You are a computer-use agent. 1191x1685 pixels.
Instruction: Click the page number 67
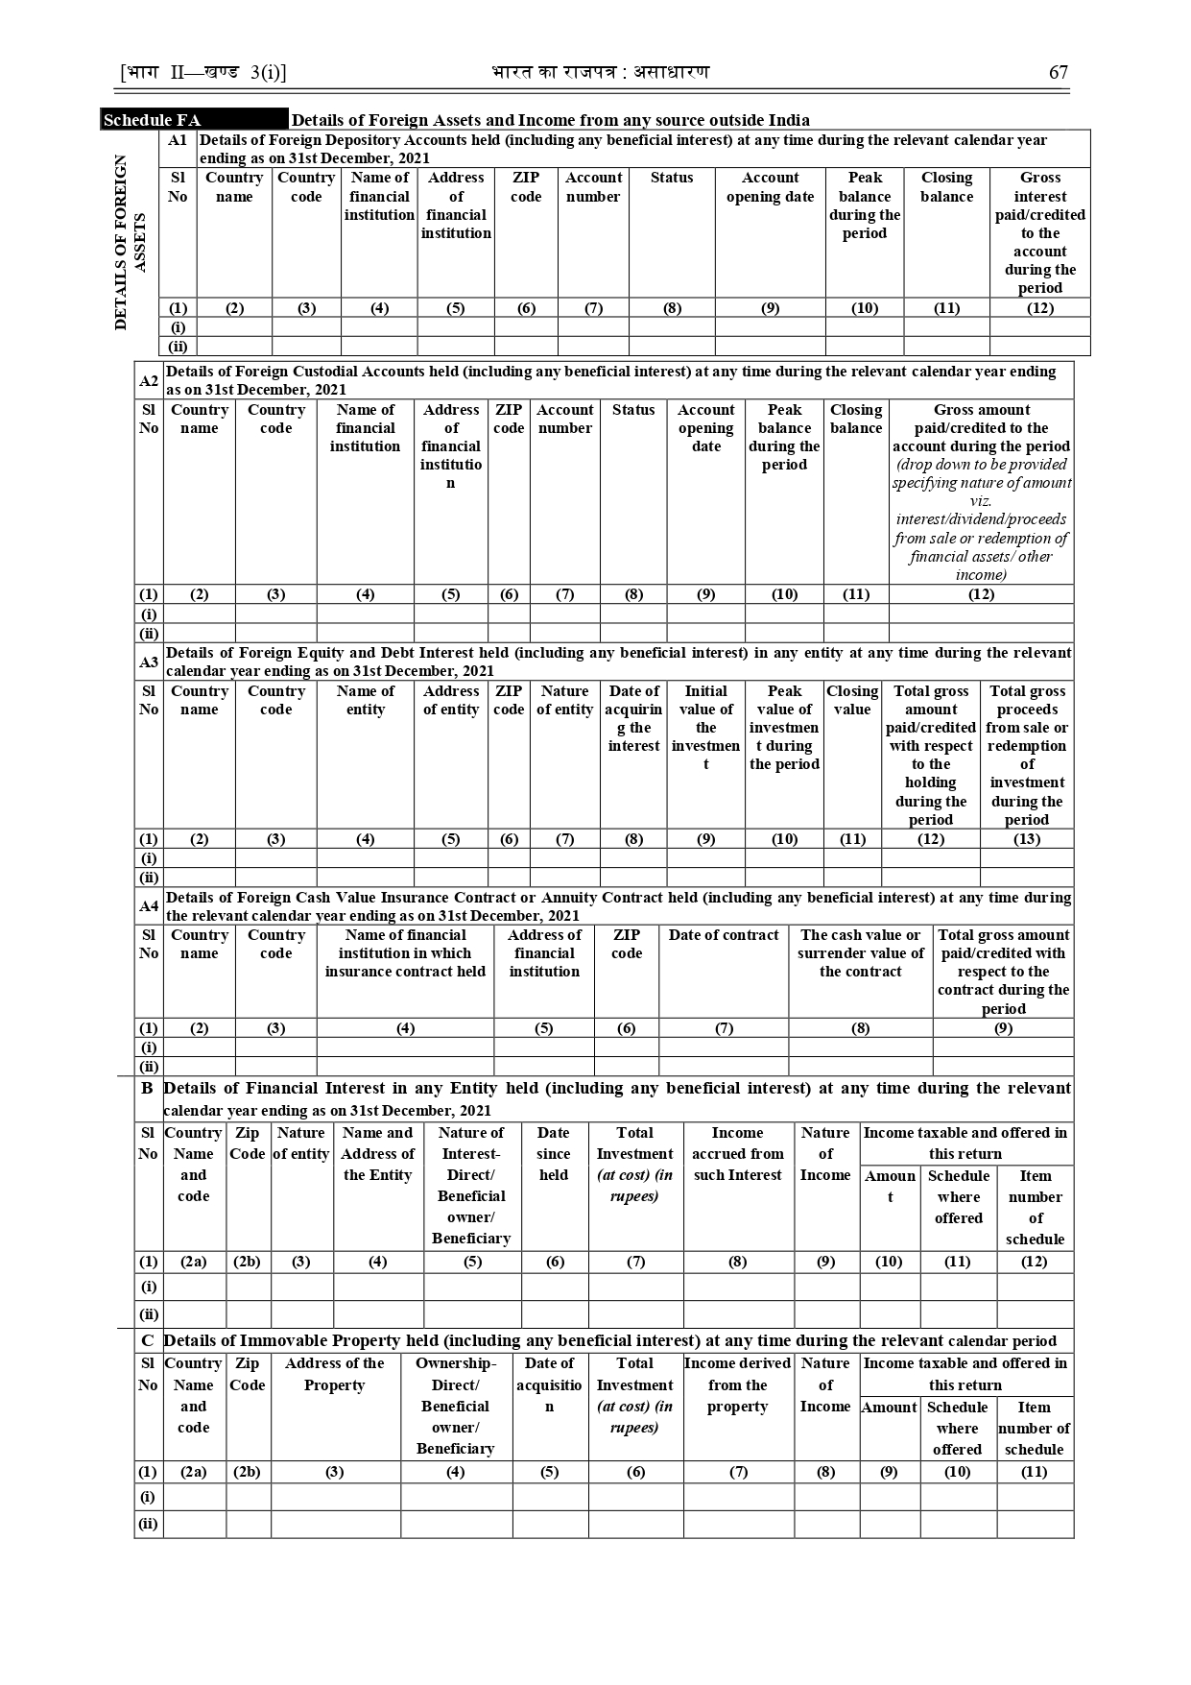(x=1058, y=73)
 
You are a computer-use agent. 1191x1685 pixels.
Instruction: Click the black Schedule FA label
(x=153, y=120)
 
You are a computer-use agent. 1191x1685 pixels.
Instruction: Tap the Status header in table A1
(x=671, y=178)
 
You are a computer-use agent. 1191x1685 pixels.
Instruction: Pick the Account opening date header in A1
(x=770, y=187)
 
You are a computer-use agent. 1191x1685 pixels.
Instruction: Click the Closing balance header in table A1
(x=946, y=187)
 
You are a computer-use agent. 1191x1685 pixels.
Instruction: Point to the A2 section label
(x=149, y=381)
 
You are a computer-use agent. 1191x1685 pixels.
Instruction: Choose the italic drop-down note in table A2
(x=981, y=519)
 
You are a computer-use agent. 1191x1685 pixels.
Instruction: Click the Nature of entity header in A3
(x=564, y=700)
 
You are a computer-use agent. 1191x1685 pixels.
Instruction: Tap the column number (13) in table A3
(x=1026, y=839)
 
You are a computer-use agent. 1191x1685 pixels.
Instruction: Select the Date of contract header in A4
(x=724, y=935)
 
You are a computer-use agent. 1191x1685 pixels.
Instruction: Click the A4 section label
(x=149, y=905)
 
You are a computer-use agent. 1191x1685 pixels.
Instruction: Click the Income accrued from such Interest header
(x=737, y=1153)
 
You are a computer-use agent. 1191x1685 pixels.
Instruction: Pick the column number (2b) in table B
(x=248, y=1262)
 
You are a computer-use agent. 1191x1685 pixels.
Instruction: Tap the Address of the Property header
(x=334, y=1374)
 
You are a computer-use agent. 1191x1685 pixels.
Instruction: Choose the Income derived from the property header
(x=737, y=1384)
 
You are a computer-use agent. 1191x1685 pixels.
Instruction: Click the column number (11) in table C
(x=1034, y=1472)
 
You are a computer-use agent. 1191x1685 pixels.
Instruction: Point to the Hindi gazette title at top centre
(x=601, y=73)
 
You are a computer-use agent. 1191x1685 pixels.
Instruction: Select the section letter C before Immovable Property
(x=147, y=1340)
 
